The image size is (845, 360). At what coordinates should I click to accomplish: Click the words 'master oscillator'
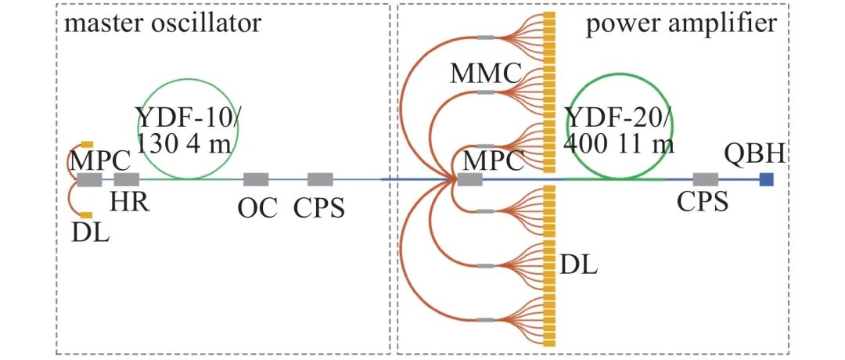(x=162, y=23)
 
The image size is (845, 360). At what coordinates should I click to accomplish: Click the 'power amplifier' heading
(x=681, y=23)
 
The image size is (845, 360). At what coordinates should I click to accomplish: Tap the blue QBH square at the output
(x=767, y=179)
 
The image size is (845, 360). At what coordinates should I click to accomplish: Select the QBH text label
(x=755, y=155)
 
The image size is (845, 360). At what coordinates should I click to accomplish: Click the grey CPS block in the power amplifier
(x=706, y=179)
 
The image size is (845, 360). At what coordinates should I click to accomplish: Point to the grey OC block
(x=256, y=179)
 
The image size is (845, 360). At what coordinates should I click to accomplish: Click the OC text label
(x=256, y=209)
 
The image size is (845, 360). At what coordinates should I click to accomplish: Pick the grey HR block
(x=126, y=179)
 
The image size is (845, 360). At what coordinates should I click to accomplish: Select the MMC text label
(x=485, y=74)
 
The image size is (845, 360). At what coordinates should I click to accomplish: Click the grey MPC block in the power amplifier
(x=469, y=180)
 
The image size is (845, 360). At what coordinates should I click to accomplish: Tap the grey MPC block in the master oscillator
(x=89, y=179)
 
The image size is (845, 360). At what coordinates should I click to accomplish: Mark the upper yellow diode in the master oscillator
(x=87, y=144)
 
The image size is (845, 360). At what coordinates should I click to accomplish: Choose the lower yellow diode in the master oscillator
(x=87, y=215)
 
